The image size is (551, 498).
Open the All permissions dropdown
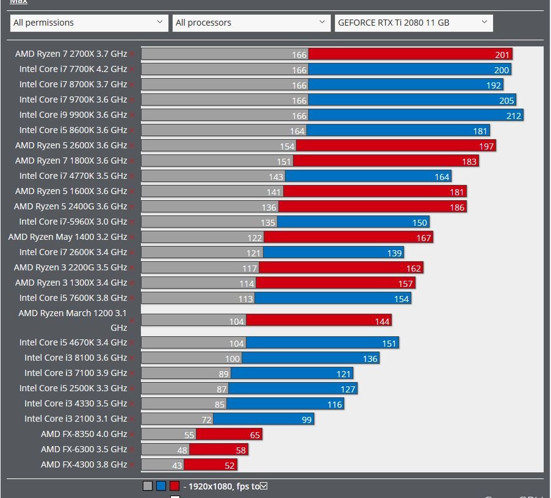89,23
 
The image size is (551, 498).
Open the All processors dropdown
251,23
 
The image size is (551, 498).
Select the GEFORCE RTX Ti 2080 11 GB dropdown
414,23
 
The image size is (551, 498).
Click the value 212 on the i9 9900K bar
514,115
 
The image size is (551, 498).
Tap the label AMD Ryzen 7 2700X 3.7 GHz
71,54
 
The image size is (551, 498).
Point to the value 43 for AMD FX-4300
177,465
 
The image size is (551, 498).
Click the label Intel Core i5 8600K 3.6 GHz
73,130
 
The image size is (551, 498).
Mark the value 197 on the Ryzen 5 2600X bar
486,146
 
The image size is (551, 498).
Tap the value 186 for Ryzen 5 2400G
457,207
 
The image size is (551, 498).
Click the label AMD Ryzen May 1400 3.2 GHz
68,237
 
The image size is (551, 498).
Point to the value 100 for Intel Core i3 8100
232,358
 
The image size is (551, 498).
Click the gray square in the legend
148,486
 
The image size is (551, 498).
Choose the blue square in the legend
161,486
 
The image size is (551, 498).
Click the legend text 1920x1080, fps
223,486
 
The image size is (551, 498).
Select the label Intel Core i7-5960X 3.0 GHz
73,222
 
